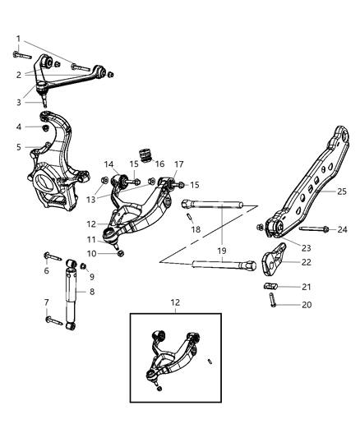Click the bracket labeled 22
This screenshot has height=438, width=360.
tap(274, 263)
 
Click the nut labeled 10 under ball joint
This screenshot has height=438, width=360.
tap(122, 253)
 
